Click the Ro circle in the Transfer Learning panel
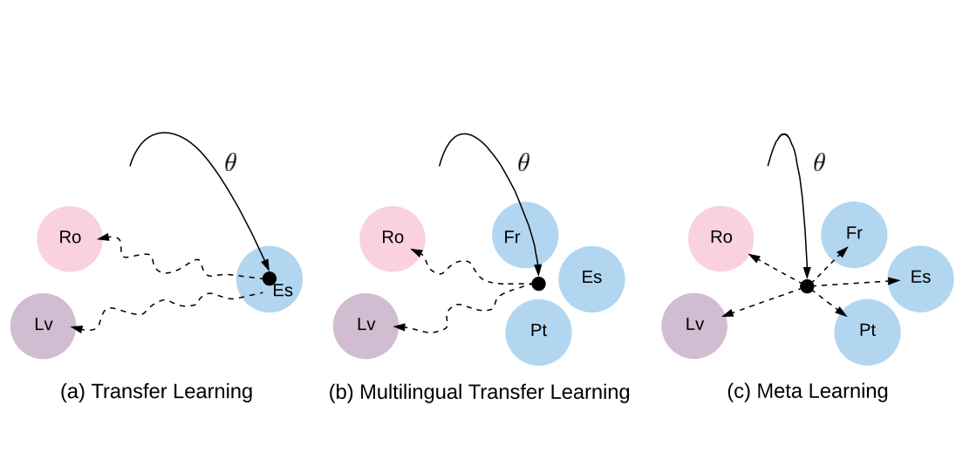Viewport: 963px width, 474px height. pos(70,238)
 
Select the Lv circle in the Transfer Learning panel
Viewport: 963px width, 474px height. pos(43,326)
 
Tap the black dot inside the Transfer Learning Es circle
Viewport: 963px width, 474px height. pos(270,278)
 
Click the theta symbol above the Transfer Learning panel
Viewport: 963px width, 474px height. pos(230,162)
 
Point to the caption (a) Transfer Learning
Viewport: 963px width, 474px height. pos(156,391)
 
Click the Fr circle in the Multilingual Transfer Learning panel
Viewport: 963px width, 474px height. pos(525,235)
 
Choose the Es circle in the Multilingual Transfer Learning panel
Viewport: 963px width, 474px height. pos(591,278)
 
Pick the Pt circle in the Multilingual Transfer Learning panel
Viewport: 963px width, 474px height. pos(538,332)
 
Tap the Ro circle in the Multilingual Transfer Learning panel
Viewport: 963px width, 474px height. pos(393,238)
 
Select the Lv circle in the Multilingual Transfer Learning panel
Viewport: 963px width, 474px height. pos(366,326)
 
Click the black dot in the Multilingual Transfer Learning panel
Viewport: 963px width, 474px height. pos(538,284)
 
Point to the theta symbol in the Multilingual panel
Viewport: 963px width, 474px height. pos(523,162)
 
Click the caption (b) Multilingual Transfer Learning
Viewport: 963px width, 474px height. pos(479,392)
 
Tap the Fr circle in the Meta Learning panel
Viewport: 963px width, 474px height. pos(854,235)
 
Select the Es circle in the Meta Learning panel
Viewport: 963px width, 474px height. pos(920,278)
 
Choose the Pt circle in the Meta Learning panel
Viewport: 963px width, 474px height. pos(867,332)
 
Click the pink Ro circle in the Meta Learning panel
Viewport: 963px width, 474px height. pos(721,238)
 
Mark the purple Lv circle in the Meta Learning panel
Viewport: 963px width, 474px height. pos(694,326)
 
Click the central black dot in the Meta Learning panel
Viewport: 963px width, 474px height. pos(807,286)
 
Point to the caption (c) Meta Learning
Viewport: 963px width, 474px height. pos(807,391)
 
